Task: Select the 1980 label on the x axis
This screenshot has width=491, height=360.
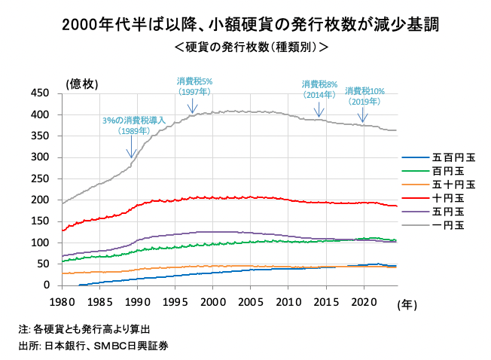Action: pyautogui.click(x=61, y=301)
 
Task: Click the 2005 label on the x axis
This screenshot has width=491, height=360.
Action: pyautogui.click(x=250, y=301)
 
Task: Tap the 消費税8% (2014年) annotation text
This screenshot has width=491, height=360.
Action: pyautogui.click(x=319, y=90)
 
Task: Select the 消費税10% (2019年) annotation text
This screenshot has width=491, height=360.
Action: pyautogui.click(x=364, y=96)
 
